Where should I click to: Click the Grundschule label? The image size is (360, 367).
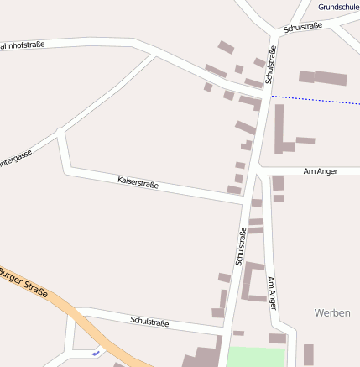(338, 7)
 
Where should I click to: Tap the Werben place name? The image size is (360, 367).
(331, 312)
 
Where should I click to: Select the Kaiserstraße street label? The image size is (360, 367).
(138, 181)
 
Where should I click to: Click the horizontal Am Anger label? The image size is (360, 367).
(320, 170)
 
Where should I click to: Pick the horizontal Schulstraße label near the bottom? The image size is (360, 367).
(150, 321)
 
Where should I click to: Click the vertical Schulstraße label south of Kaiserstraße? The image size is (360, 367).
(241, 246)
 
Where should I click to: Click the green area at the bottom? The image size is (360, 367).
(256, 356)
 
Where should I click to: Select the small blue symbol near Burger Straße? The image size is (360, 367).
(96, 353)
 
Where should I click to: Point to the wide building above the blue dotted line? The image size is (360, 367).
(323, 77)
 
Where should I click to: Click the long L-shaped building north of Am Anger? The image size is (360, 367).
(280, 130)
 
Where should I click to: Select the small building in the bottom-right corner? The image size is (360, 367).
(308, 354)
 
